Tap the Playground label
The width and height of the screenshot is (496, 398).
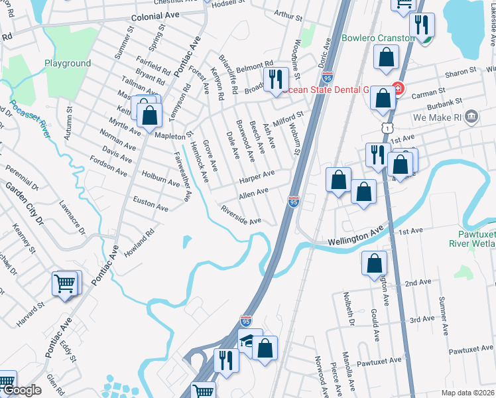pos(68,64)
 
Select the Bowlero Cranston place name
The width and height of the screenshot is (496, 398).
pos(378,38)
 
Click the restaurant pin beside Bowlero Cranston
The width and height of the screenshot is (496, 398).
pos(420,26)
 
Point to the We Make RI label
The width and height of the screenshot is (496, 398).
pos(436,117)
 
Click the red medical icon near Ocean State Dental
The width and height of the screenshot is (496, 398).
pos(397,88)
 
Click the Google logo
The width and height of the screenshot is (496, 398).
pos(22,391)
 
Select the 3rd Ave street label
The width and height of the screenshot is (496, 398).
pos(422,320)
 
